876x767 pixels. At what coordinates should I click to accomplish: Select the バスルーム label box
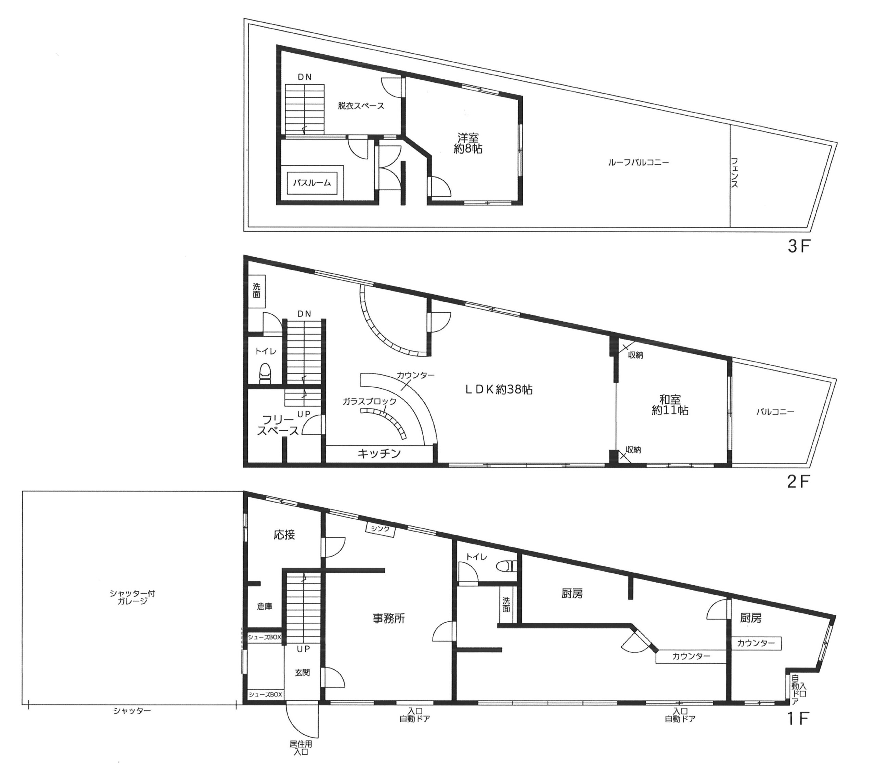tap(312, 183)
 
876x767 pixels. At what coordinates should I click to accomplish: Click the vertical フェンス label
tap(734, 173)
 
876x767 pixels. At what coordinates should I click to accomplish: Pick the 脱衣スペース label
tap(361, 106)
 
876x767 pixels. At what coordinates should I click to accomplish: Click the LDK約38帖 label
tap(499, 390)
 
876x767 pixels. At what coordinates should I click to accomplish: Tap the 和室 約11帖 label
tap(670, 404)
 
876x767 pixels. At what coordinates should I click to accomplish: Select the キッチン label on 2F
tap(379, 453)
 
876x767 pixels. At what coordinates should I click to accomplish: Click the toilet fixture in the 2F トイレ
tap(266, 374)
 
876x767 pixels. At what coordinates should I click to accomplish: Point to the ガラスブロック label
tap(369, 402)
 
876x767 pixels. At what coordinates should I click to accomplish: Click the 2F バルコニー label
tap(775, 412)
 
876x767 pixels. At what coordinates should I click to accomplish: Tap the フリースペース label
tap(278, 425)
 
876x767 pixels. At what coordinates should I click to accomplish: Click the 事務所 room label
tap(389, 618)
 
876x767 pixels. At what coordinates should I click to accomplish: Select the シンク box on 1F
tap(380, 529)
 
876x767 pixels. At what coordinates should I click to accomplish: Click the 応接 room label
tap(284, 535)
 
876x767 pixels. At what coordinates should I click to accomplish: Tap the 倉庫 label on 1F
tap(265, 606)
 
